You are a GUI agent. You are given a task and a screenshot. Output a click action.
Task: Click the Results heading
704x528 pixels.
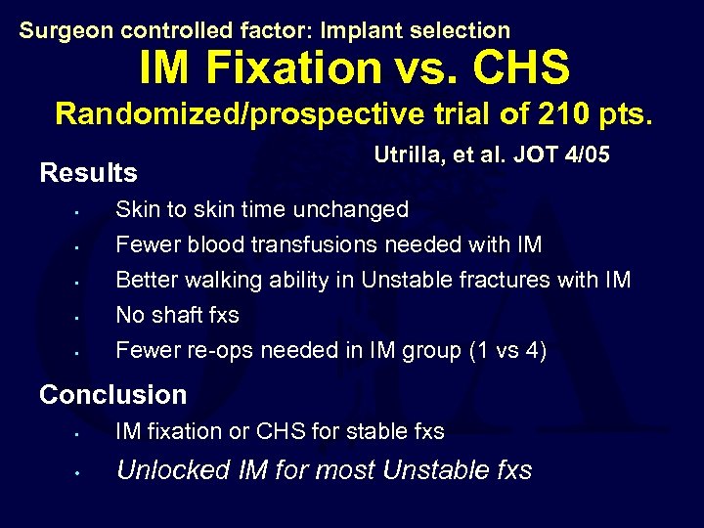coord(88,173)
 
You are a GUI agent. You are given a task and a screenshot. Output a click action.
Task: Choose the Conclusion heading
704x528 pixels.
coord(112,395)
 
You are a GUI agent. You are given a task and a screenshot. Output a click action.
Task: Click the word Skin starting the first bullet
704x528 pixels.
coord(135,209)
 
